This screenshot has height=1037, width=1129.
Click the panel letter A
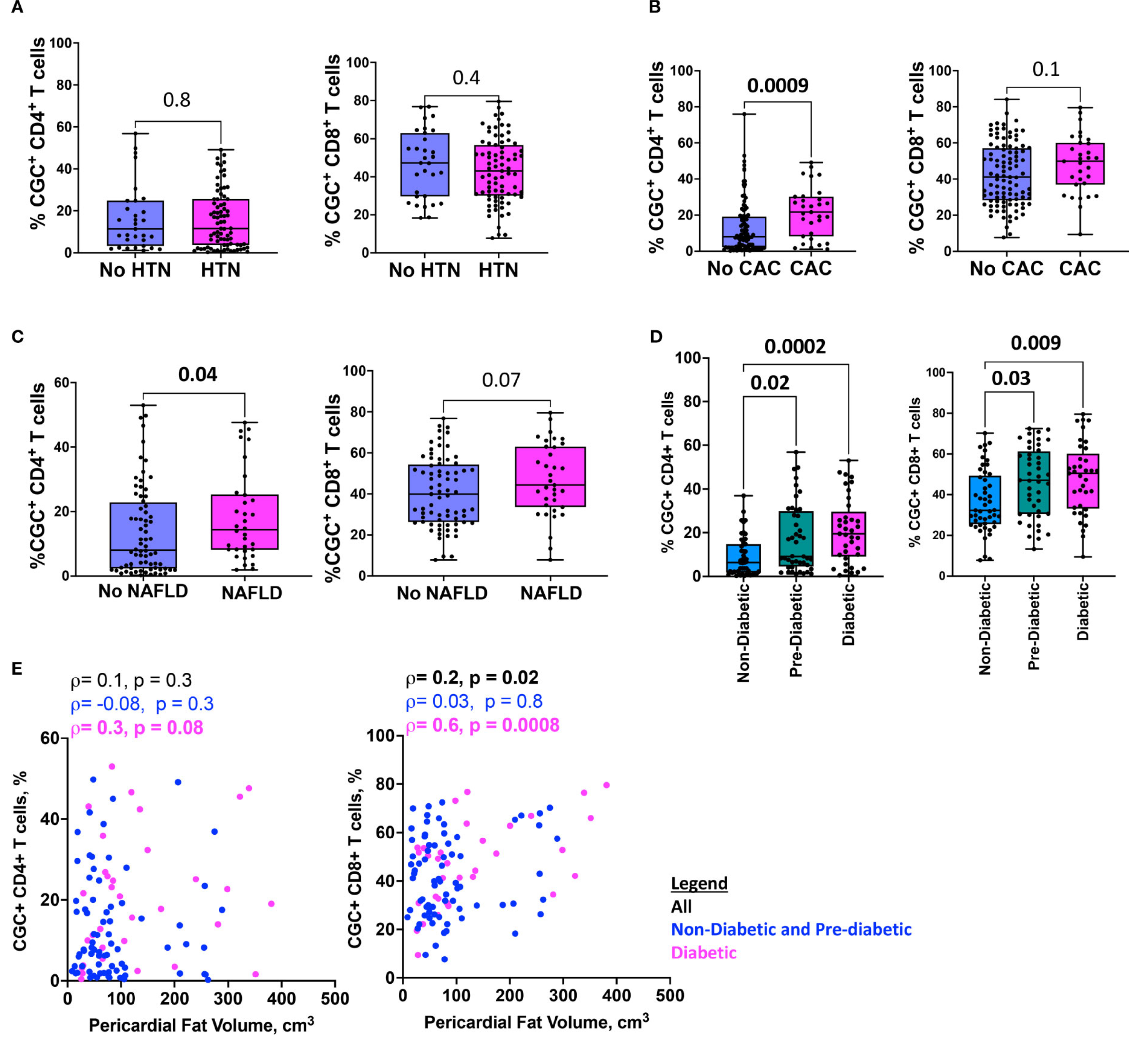click(17, 8)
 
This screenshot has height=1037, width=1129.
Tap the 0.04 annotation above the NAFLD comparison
click(197, 374)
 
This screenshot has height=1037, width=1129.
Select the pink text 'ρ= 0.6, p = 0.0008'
click(482, 725)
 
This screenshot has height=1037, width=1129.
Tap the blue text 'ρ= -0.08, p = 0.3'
click(142, 704)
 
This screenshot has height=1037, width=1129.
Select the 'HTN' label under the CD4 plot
click(220, 270)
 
